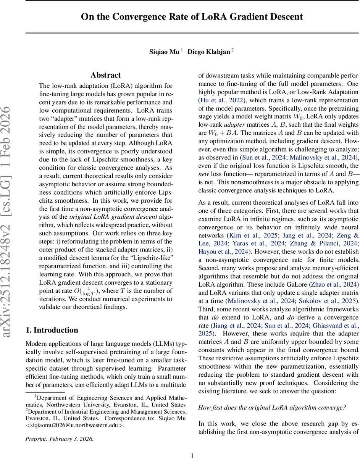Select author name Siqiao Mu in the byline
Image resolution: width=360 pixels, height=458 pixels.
[x=164, y=52]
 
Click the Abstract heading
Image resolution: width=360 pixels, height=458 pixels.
[x=106, y=75]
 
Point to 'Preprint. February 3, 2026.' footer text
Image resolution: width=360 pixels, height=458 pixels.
[x=59, y=439]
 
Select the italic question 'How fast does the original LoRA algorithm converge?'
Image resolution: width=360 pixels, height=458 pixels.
[x=272, y=407]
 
